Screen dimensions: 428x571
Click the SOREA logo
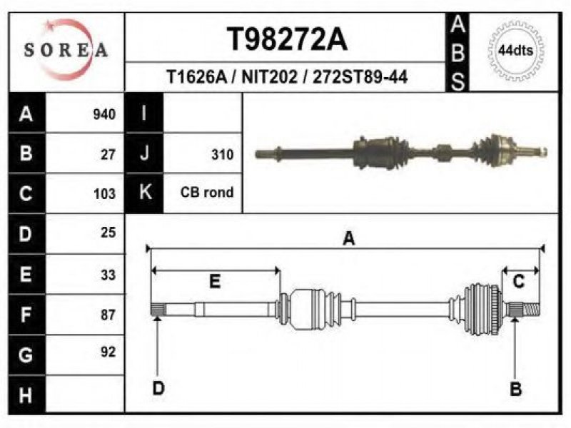coord(66,50)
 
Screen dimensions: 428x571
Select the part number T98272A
coord(287,40)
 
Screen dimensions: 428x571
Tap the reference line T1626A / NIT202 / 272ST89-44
coord(287,76)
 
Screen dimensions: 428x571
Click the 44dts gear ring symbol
coord(515,50)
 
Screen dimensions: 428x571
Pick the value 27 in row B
coord(108,154)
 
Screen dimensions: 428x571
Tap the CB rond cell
coord(207,193)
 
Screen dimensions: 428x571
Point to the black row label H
coord(26,394)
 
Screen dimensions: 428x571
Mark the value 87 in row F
coord(108,314)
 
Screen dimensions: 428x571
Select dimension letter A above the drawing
coord(349,238)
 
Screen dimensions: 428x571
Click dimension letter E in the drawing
coord(214,282)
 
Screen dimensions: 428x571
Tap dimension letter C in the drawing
coord(519,282)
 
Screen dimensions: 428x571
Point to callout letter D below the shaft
coord(158,388)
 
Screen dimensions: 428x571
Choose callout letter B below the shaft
coord(515,388)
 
